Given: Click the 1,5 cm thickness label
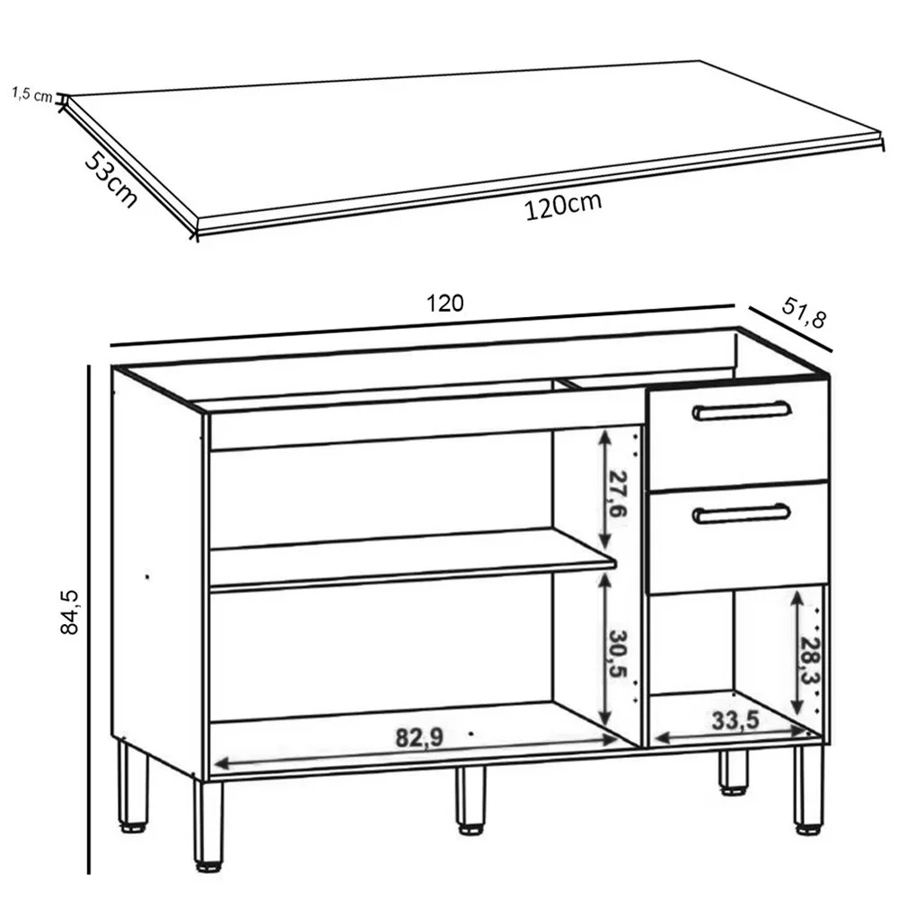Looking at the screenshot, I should [x=32, y=94].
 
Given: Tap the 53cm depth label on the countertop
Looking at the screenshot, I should [x=110, y=178].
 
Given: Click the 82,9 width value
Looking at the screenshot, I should [x=420, y=737].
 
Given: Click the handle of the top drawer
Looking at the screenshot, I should [x=742, y=410].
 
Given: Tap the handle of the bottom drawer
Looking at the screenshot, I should [x=742, y=513].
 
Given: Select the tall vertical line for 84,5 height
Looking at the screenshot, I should [x=89, y=620].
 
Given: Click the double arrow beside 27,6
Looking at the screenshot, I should [x=604, y=489].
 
